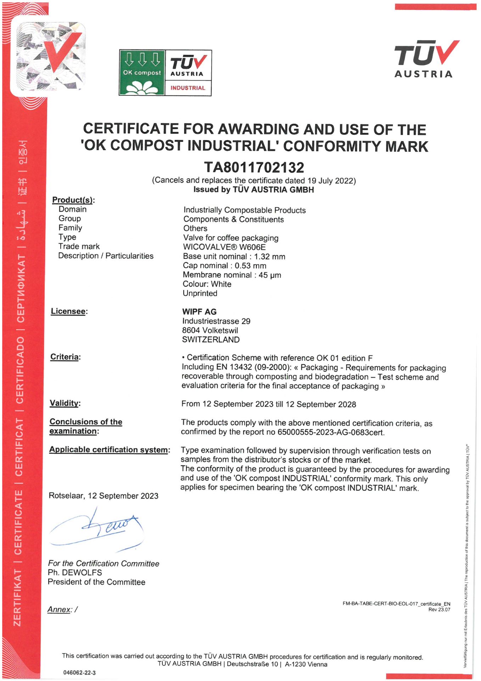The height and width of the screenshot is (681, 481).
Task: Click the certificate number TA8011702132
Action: point(254,167)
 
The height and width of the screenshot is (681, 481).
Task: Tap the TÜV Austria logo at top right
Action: point(426,59)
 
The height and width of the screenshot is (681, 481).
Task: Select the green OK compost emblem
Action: point(142,73)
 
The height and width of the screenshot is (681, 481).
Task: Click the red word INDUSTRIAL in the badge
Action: point(188,88)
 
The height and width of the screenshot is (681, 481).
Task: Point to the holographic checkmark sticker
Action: point(50,57)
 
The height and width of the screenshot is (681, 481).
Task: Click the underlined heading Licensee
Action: point(68,311)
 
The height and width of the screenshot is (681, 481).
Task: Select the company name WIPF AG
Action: point(199,312)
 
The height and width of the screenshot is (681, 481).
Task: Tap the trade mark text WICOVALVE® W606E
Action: point(224,247)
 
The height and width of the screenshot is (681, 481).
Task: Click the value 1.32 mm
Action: point(269,256)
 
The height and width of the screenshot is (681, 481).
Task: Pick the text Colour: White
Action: point(207,284)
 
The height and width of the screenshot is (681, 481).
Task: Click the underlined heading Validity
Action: point(64,403)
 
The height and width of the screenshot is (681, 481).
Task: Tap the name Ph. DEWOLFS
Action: point(75,572)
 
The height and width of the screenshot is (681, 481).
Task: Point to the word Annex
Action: point(59,609)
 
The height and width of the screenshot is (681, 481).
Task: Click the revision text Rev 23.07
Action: point(439,609)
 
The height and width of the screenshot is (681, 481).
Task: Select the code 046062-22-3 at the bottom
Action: point(79,672)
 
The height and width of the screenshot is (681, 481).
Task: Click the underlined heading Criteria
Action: point(65,357)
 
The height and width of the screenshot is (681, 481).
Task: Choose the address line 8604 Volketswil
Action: point(210,330)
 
